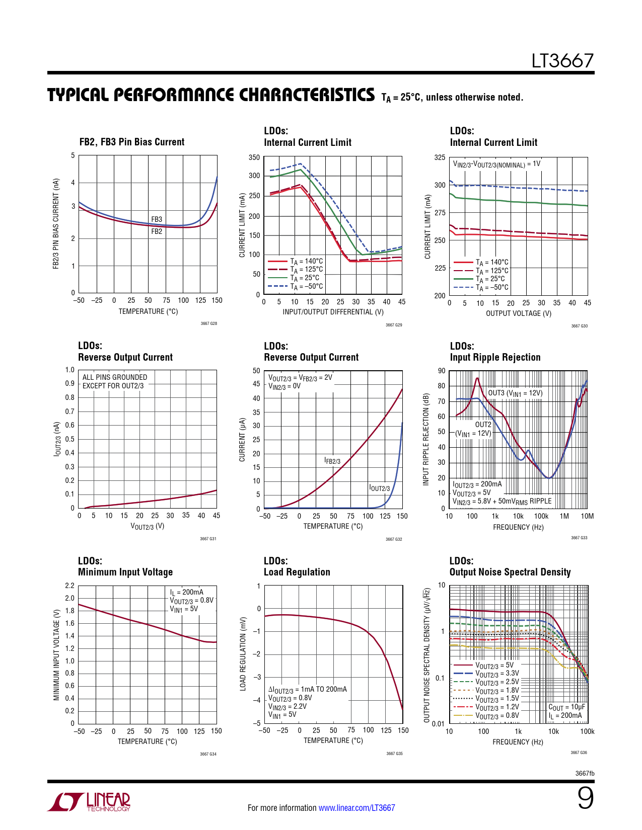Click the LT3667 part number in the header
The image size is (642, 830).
pyautogui.click(x=562, y=61)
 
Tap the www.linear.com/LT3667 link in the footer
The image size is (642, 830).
pyautogui.click(x=356, y=808)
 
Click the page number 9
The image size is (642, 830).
pyautogui.click(x=585, y=798)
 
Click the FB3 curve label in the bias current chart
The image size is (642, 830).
pyautogui.click(x=157, y=219)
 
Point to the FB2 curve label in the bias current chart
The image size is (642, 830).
pyautogui.click(x=157, y=231)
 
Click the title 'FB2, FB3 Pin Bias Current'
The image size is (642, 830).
pyautogui.click(x=132, y=142)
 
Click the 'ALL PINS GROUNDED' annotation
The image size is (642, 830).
pyautogui.click(x=115, y=377)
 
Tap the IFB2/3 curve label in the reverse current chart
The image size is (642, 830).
pyautogui.click(x=332, y=461)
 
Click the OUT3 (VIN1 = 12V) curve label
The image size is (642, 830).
pyautogui.click(x=515, y=393)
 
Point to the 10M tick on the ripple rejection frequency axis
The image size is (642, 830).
pyautogui.click(x=587, y=516)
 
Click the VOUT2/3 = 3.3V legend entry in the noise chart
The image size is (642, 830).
pyautogui.click(x=497, y=674)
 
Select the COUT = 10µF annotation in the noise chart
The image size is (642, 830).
pyautogui.click(x=566, y=707)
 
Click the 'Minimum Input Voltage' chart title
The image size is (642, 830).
pyautogui.click(x=125, y=572)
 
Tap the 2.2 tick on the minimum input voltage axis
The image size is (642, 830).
pyautogui.click(x=69, y=586)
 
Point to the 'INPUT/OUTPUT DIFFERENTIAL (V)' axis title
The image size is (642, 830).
pyautogui.click(x=333, y=312)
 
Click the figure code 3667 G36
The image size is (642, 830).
pyautogui.click(x=579, y=753)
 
